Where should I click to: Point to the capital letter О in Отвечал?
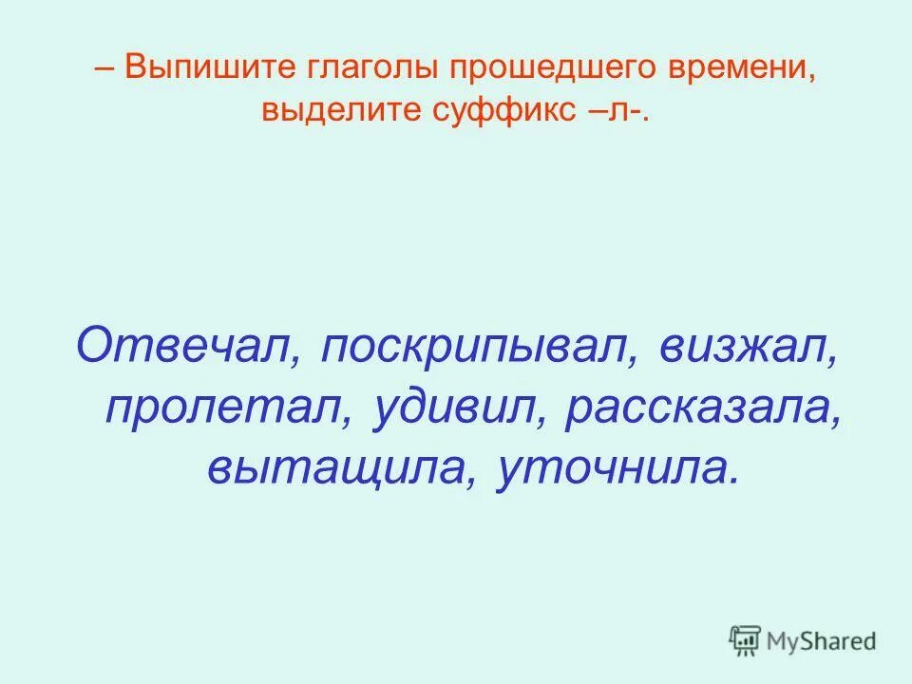click(96, 344)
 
